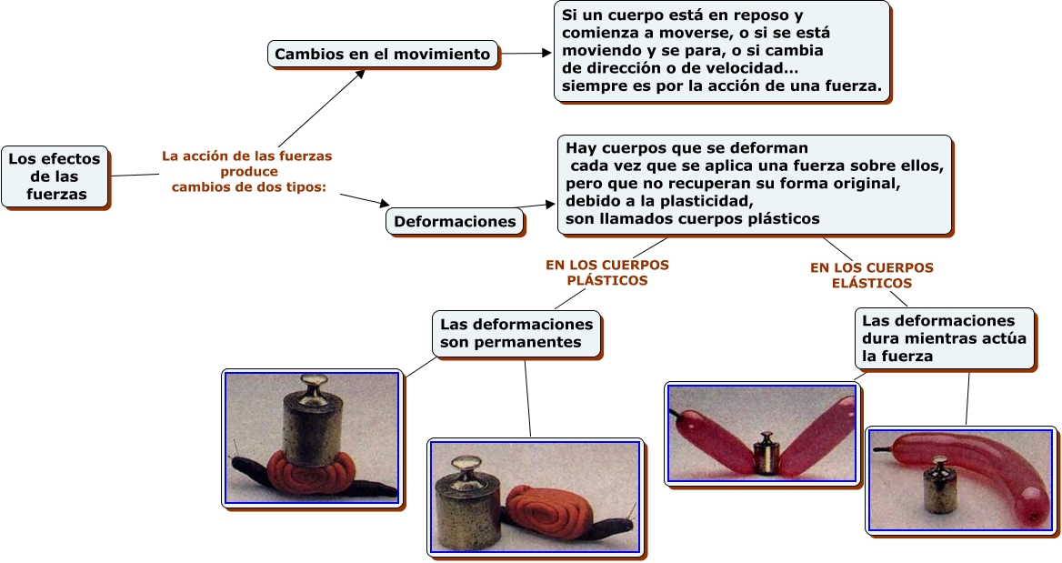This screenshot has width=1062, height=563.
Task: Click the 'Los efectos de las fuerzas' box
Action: pos(55,176)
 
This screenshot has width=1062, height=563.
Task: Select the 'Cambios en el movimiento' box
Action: pos(383,55)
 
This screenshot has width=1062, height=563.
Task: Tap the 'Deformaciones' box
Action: pos(456,222)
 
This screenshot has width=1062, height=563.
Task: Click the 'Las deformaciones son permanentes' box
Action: pos(516,333)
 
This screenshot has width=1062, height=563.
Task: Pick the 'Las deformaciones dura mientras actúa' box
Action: pos(944,338)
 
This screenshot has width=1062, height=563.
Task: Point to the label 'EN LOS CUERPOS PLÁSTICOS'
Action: pos(607,273)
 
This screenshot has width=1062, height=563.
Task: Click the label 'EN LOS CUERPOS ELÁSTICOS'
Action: pos(872,276)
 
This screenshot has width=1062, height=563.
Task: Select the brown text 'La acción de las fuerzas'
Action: pos(246,156)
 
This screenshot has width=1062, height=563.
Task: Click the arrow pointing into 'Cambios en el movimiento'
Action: pos(322,107)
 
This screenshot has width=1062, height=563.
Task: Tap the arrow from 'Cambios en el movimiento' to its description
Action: pos(526,53)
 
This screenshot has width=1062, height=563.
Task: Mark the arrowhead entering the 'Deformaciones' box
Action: pos(384,203)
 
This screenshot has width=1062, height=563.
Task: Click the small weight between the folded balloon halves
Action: pos(766,453)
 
